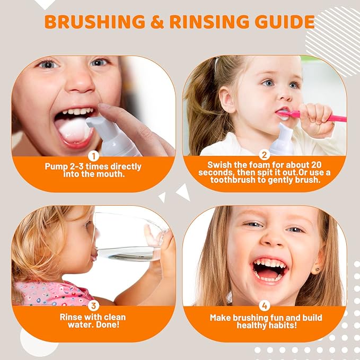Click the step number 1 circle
[x=93, y=156]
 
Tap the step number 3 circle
[x=93, y=305]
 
